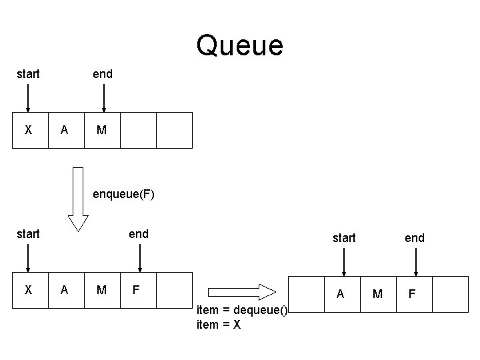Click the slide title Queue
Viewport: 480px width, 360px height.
point(240,46)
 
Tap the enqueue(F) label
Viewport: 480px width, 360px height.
point(123,195)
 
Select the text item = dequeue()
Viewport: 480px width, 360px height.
point(242,311)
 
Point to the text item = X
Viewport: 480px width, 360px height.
point(219,325)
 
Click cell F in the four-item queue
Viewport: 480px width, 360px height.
point(138,290)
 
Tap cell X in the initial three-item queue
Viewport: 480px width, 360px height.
point(28,130)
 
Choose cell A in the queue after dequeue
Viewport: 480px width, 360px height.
point(341,294)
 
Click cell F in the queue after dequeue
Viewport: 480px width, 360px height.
point(413,294)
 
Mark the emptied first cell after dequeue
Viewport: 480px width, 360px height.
point(305,294)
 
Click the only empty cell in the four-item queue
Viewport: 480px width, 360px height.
point(174,290)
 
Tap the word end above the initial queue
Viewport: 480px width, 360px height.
point(102,74)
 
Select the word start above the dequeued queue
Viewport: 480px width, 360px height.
point(344,238)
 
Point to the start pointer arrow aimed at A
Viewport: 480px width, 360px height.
point(343,261)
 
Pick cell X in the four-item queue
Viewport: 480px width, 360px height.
point(28,290)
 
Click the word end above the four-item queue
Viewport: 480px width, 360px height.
point(139,234)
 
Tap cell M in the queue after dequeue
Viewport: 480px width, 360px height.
point(377,294)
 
